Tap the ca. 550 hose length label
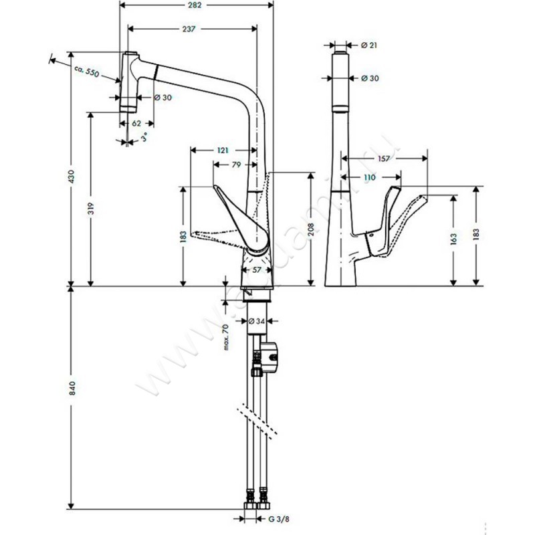[x=87, y=71]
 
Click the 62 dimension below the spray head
[x=136, y=123]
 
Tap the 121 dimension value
[x=222, y=150]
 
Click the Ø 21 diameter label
[x=370, y=45]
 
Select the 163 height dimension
[x=453, y=237]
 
